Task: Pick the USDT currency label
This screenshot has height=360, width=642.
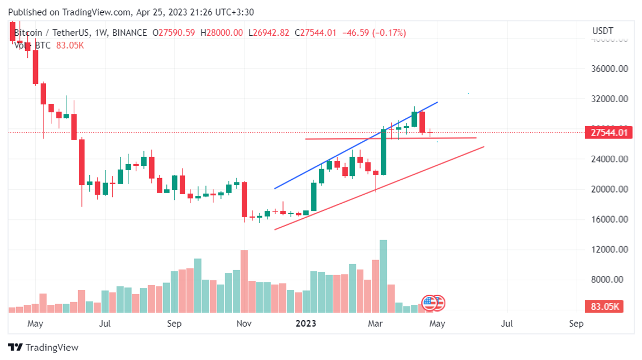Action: pos(602,31)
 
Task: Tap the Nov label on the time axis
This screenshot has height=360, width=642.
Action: pos(244,324)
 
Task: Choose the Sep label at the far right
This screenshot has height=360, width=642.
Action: pos(576,324)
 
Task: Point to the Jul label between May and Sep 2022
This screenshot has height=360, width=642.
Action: pos(105,324)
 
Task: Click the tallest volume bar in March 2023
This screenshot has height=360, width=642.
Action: pos(383,276)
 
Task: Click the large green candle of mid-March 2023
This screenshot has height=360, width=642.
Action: pos(383,152)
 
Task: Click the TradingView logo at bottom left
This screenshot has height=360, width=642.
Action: pos(43,347)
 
